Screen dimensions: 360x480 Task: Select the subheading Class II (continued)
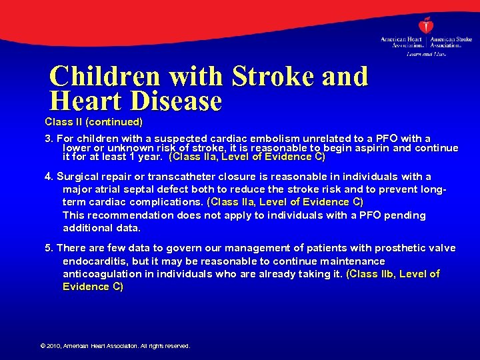pos(93,122)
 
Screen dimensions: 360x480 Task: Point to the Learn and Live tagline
pos(426,53)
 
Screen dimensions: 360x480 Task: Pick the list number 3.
pos(48,139)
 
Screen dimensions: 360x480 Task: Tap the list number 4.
pos(48,177)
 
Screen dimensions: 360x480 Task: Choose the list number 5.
pos(48,248)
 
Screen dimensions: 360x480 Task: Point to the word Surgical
pos(79,177)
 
